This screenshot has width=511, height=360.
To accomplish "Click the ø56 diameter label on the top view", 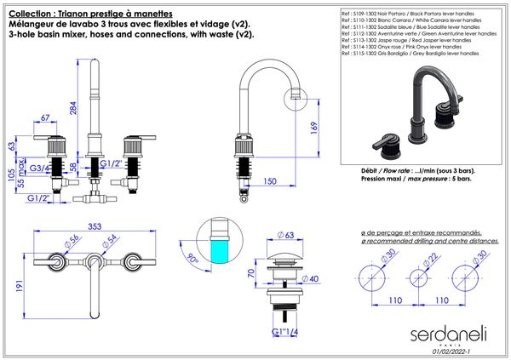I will click(73, 240).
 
